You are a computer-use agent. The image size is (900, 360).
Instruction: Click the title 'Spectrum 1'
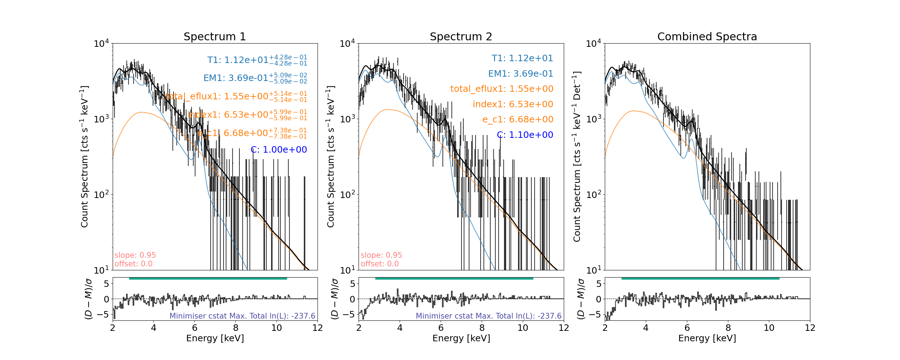pos(215,37)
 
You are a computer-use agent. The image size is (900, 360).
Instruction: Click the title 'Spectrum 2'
pos(461,37)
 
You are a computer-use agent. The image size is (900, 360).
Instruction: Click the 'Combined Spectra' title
pos(707,37)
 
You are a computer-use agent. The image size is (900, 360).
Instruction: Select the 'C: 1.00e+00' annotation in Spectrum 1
pos(279,150)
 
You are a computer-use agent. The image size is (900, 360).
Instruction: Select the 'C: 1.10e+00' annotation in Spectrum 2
pos(525,135)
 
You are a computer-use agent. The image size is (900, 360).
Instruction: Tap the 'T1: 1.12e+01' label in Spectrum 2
pos(522,58)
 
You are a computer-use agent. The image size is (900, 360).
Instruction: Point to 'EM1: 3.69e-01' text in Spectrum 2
pos(520,74)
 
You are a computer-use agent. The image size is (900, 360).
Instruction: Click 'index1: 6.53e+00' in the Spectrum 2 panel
pos(513,104)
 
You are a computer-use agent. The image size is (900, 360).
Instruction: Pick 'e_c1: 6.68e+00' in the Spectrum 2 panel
pos(517,120)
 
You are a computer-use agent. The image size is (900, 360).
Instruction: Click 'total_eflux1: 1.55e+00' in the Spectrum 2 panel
pos(501,89)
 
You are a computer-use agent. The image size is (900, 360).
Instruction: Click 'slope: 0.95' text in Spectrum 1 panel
pos(135,255)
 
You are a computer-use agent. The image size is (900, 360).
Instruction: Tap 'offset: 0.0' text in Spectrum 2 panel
pos(379,264)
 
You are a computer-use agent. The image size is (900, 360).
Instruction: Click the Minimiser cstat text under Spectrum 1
pos(242,316)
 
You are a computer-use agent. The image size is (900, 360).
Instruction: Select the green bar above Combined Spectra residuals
pos(700,278)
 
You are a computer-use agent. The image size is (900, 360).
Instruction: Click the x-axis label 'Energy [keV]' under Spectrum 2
pos(461,338)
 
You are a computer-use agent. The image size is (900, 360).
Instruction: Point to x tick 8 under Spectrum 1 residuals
pos(235,328)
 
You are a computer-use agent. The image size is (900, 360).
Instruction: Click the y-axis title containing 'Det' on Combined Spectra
pos(577,157)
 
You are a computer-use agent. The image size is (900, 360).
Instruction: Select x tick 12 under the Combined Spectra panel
pos(810,328)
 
